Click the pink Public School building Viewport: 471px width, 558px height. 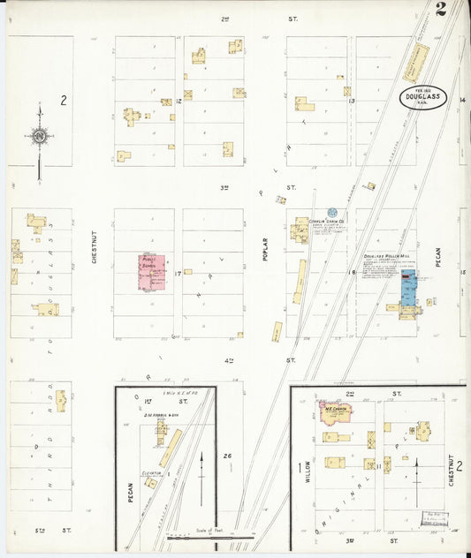point(151,273)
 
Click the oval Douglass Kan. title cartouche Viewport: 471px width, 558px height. point(422,98)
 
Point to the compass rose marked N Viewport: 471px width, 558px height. point(39,136)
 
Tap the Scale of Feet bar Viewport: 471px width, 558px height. point(210,533)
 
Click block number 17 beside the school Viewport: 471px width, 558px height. point(179,273)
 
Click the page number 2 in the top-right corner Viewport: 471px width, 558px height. point(440,10)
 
